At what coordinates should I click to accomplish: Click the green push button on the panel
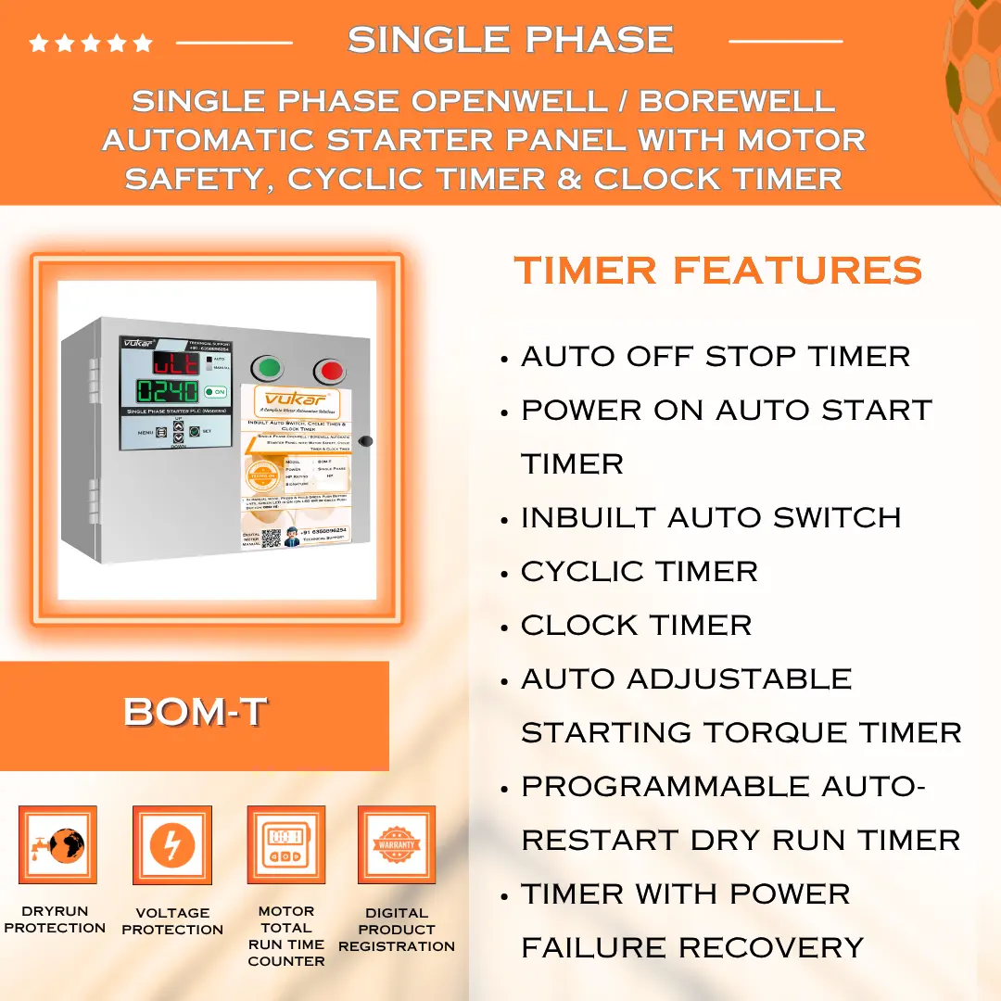point(268,369)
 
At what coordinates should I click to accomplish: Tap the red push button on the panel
point(328,373)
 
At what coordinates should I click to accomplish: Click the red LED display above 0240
point(177,361)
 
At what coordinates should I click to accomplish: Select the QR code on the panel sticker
point(271,539)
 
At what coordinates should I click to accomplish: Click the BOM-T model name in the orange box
point(195,712)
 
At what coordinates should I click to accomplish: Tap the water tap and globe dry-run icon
point(57,844)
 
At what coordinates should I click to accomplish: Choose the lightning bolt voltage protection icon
point(171,844)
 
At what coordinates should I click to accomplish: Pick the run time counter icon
point(285,844)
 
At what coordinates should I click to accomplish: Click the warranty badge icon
point(397,844)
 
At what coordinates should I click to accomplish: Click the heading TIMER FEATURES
point(717,271)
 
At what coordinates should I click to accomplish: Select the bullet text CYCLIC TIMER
point(639,571)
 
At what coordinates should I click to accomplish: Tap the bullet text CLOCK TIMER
point(636,625)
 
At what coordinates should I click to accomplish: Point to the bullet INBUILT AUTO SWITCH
point(711,517)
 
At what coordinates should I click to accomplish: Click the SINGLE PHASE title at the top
point(510,40)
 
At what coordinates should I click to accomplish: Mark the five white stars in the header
point(90,43)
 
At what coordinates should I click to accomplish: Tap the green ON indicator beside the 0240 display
point(215,392)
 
